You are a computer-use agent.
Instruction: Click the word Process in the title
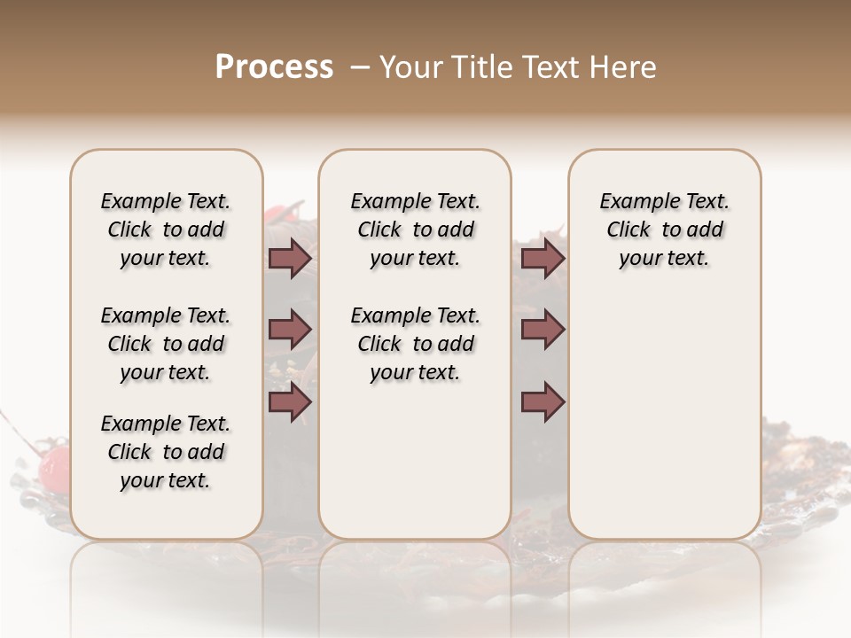tap(274, 67)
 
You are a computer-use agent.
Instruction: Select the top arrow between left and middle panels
tap(290, 259)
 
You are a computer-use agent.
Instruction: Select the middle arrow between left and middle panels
tap(290, 331)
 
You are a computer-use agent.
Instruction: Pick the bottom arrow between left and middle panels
tap(290, 402)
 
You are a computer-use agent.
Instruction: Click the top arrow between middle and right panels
tap(543, 259)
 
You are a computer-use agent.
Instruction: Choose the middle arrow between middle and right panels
tap(543, 331)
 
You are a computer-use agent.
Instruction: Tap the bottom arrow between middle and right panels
tap(543, 402)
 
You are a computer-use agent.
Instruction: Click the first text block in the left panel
tap(166, 230)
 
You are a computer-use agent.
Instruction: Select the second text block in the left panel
tap(166, 344)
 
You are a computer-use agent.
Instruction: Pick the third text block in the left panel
tap(166, 452)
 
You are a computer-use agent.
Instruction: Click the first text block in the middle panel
tap(415, 230)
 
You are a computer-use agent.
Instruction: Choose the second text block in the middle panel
tap(415, 344)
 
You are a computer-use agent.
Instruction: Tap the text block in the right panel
tap(664, 230)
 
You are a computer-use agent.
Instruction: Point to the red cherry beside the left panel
tap(56, 463)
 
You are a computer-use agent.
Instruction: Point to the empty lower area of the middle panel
tap(415, 461)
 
